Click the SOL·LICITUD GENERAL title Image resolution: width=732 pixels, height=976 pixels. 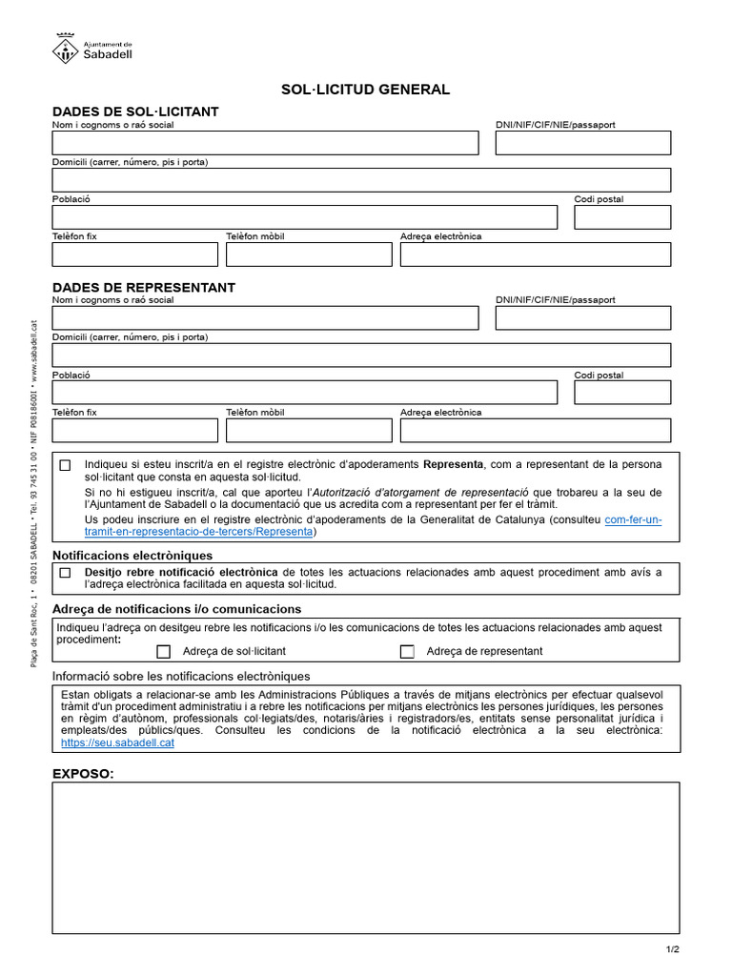coord(365,90)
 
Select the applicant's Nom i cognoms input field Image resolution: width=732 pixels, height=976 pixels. coord(265,143)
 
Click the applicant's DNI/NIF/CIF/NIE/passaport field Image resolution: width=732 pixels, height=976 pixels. coord(582,143)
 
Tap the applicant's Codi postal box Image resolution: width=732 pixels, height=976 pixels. coord(621,217)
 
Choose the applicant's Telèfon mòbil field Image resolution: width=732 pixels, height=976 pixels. coord(309,254)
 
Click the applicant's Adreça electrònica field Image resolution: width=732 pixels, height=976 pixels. coord(535,254)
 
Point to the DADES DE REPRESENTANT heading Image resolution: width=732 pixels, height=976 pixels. coord(144,287)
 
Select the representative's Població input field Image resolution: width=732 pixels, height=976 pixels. coord(304,393)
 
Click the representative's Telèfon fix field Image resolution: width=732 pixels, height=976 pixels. coord(134,430)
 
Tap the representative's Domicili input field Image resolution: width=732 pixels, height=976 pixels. coord(361,356)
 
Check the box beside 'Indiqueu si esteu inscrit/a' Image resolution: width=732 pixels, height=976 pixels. coord(65,465)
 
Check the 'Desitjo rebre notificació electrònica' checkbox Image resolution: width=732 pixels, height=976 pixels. coord(65,573)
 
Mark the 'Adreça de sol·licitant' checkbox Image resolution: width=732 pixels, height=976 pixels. coord(164,652)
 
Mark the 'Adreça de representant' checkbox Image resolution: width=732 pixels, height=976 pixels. coord(407,652)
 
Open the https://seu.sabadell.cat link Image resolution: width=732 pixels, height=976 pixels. coord(117,742)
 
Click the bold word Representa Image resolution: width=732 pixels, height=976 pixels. coord(453,464)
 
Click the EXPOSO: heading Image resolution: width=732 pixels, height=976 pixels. coord(83,773)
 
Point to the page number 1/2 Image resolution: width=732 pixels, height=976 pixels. coord(673,950)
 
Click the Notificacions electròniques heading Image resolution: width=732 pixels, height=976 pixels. coord(132,555)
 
